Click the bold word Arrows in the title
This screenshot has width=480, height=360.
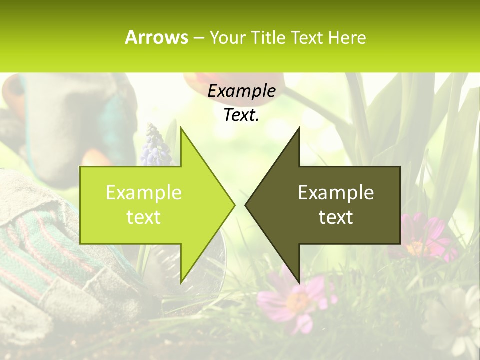click(x=156, y=37)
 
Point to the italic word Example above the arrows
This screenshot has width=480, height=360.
click(x=241, y=91)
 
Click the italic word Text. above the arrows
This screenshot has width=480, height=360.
click(x=241, y=115)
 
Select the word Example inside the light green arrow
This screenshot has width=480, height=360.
click(x=144, y=192)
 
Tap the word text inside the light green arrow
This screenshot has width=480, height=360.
click(x=144, y=217)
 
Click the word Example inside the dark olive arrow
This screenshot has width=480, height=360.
click(x=336, y=192)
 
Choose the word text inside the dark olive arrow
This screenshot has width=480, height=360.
click(x=336, y=217)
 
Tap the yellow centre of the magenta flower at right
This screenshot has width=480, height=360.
click(x=415, y=247)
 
